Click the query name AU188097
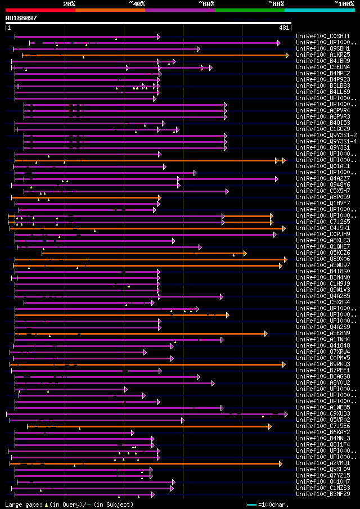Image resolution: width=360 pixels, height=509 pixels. tap(21, 18)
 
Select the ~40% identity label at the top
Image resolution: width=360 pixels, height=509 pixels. tap(137, 4)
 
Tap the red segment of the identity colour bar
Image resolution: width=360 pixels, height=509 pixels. tap(40, 10)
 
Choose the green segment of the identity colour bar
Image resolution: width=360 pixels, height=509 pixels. tap(249, 10)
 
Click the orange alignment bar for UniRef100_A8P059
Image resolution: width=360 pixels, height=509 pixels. tap(84, 197)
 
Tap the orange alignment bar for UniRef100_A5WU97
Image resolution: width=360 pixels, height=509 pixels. tap(146, 265)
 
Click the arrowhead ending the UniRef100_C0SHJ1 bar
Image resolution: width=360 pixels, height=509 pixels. tap(159, 37)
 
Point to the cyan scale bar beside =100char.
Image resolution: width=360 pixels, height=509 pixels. tap(251, 505)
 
